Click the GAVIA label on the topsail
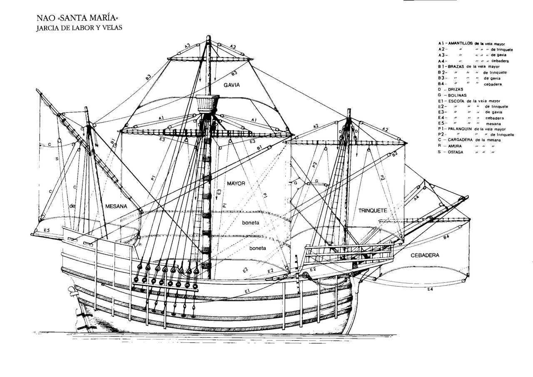click(232, 84)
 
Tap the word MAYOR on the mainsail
click(236, 183)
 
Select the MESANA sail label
click(116, 206)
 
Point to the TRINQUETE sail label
click(373, 211)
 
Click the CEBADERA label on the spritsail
click(425, 255)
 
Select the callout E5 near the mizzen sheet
click(46, 230)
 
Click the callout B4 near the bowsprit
click(446, 237)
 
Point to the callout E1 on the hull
click(247, 291)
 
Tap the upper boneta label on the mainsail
click(251, 223)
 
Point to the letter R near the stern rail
click(140, 244)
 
